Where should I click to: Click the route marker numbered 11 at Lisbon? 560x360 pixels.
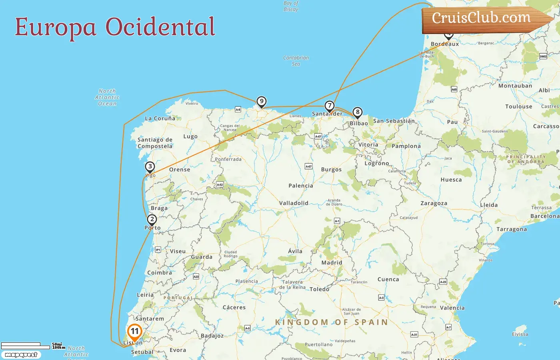pos(135,332)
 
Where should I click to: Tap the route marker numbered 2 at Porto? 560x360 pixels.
pos(152,220)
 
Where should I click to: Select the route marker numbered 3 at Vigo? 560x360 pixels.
pos(150,167)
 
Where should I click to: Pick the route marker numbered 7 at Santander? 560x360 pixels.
pos(329,106)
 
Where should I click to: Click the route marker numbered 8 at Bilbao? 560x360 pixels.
pos(358,112)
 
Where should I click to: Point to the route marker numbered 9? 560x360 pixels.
pos(261,102)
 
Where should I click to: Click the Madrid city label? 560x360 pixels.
pos(332,263)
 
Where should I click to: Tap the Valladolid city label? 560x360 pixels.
pos(294,203)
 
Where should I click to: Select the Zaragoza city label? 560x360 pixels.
pos(434,203)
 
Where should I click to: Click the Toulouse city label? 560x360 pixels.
pos(518,106)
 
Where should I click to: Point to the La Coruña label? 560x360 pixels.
pos(160,118)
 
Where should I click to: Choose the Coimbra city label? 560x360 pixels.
pos(160,273)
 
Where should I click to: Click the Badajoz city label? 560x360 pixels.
pos(212,336)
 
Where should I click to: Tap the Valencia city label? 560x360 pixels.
pos(452,308)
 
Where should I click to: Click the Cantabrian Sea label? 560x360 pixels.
pos(296,61)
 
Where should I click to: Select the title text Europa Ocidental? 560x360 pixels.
pos(115,27)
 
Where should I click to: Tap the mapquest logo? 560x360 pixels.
pos(21,355)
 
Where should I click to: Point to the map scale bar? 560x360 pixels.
pos(26,346)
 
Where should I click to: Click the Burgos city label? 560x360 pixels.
pos(331,170)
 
